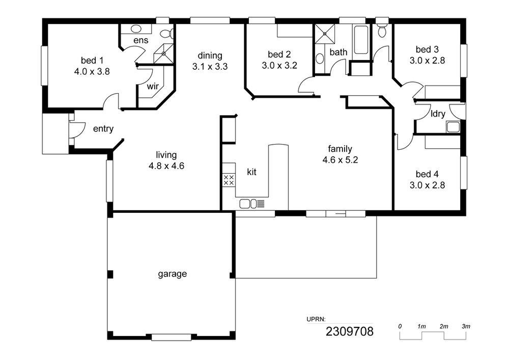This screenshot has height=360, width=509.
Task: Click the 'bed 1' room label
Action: tap(92, 61)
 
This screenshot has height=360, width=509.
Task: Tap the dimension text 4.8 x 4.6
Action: tap(166, 166)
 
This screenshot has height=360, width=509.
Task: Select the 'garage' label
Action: tap(173, 274)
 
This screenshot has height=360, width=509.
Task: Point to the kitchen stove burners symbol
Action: tap(229, 180)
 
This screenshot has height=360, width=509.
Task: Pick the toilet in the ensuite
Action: tap(167, 34)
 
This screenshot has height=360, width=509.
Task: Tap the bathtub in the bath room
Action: tap(361, 40)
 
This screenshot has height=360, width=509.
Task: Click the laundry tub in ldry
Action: tap(453, 127)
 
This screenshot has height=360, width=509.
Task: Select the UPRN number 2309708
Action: tap(350, 331)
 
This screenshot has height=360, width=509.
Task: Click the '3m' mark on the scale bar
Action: tap(466, 326)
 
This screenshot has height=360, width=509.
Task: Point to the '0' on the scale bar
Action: tap(400, 326)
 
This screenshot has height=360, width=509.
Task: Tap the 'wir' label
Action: tap(153, 87)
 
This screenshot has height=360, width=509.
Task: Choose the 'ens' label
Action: tap(141, 40)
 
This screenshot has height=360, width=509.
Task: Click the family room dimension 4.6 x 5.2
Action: tap(340, 160)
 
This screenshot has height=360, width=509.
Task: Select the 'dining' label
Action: tap(210, 56)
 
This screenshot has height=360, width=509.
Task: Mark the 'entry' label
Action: tap(103, 129)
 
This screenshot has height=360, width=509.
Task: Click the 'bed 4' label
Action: tap(427, 174)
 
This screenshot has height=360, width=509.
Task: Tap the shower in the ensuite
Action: tap(163, 53)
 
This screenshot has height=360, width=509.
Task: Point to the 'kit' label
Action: tap(251, 172)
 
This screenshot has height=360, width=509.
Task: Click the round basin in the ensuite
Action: tap(136, 29)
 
